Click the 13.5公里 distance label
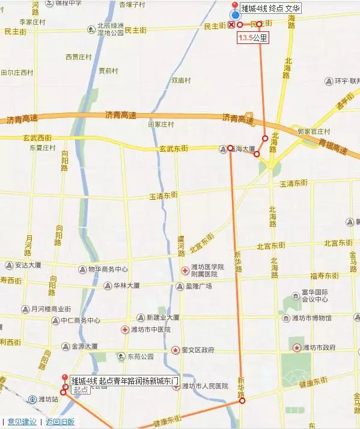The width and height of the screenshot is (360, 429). [252, 37]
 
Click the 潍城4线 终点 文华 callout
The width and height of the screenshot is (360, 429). [270, 9]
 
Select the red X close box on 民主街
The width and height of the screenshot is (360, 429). [231, 25]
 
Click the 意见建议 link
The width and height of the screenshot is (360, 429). [22, 422]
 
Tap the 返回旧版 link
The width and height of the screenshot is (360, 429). [60, 422]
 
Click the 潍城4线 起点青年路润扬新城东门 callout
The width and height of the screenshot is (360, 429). [124, 381]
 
